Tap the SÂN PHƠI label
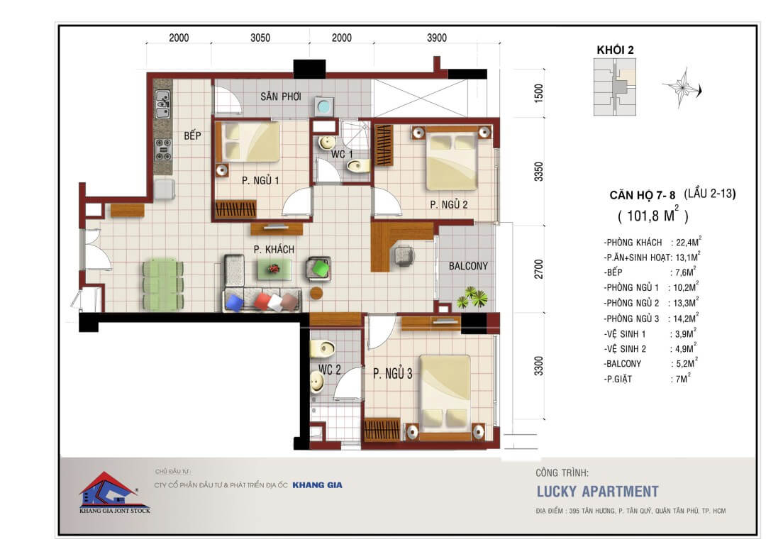(x=281, y=96)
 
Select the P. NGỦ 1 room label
(x=260, y=180)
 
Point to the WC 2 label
(x=330, y=370)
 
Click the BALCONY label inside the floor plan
(x=468, y=266)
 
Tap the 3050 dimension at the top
(x=260, y=38)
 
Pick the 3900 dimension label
(x=437, y=38)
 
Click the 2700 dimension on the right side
(x=538, y=270)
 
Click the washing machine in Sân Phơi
(x=323, y=106)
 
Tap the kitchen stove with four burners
(x=163, y=150)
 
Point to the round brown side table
(x=316, y=293)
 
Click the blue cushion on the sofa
(x=234, y=302)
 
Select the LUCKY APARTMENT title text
(x=598, y=492)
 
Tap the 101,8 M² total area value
(x=652, y=215)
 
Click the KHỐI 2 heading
(x=615, y=50)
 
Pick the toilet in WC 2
(x=323, y=348)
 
